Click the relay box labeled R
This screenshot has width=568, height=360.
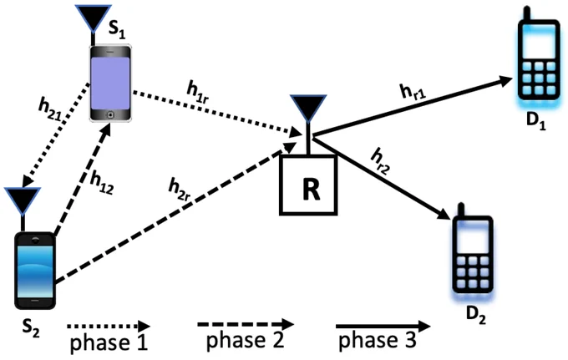[x=308, y=185]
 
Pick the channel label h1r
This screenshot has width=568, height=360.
[x=197, y=92]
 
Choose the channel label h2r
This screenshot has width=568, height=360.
[x=179, y=189]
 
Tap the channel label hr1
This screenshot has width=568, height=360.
[x=413, y=91]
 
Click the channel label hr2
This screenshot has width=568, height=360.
[x=380, y=161]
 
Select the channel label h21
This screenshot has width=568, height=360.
[x=51, y=109]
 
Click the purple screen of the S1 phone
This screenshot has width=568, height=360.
[x=110, y=84]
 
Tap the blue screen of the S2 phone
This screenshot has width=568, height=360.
[x=35, y=271]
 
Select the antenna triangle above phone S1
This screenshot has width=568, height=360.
[x=93, y=18]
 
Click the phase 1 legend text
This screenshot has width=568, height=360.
[x=109, y=342]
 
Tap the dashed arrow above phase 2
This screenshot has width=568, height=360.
[x=246, y=325]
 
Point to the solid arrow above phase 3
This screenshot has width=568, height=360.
[x=383, y=327]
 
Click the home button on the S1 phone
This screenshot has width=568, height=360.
[x=110, y=114]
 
